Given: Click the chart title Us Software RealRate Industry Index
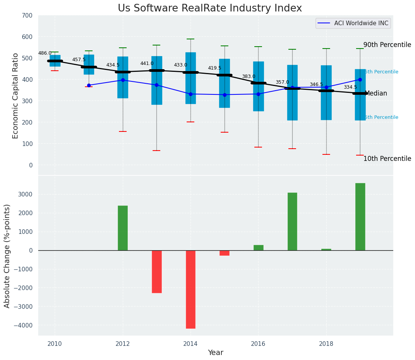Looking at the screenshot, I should pos(210,8).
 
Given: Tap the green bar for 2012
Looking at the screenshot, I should pos(123,228).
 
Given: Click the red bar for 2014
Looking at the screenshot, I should pos(190,289).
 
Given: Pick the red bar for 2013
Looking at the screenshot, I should pos(157,272).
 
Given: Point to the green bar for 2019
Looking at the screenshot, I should pos(360,217).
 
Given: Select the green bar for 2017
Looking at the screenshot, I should pos(292,222).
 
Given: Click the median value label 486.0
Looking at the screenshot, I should pos(45,54).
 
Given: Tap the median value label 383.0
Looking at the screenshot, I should pos(249,77).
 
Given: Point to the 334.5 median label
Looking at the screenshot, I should pos(350,88).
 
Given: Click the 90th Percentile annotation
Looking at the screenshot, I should pos(387,45).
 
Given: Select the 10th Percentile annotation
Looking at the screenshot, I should pos(387,159).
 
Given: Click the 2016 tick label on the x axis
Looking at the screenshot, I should pos(259,344).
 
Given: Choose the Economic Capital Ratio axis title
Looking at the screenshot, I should pos(16,96).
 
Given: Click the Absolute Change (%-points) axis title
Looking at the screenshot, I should pos(7,256).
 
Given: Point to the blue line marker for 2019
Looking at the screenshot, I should pos(360,79).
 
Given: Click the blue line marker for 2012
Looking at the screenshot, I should pos(123,80).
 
